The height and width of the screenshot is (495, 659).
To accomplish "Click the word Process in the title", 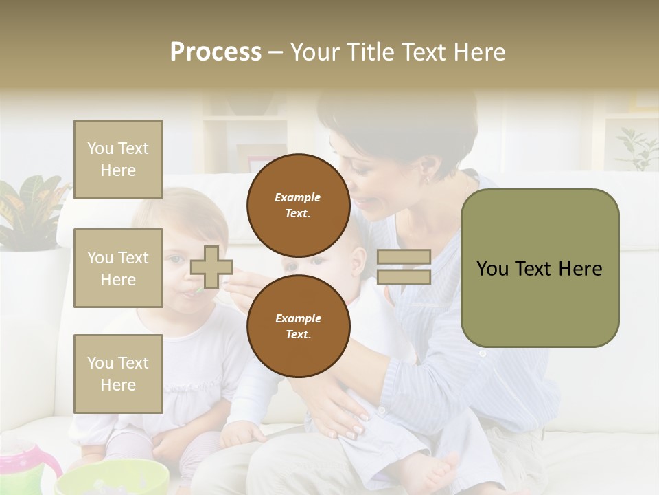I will point(216,52).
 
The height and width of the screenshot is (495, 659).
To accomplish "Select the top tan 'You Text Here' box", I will point(118,159).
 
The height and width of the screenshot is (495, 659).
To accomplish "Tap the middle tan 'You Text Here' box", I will point(118,268).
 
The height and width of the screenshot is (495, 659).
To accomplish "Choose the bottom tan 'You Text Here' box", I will point(118,373).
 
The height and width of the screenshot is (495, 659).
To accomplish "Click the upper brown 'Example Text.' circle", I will point(298,205).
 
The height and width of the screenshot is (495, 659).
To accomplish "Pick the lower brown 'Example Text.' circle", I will point(298,326).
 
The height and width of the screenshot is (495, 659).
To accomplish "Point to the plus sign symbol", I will point(211,267).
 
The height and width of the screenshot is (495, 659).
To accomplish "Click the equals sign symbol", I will point(404,267).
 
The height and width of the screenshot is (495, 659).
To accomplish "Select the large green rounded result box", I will point(540,268).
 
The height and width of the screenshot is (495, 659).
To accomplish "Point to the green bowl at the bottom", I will point(113,478).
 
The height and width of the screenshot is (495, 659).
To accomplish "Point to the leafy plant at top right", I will point(635,148).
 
